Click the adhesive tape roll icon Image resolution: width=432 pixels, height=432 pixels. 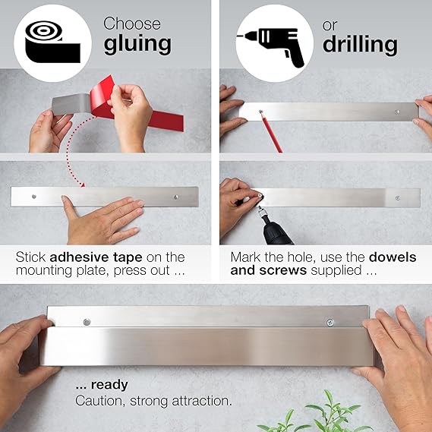[x=52, y=42]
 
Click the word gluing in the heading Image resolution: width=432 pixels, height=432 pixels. [x=137, y=45]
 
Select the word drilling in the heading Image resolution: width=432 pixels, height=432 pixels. [x=360, y=45]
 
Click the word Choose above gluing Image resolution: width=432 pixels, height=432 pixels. [x=132, y=24]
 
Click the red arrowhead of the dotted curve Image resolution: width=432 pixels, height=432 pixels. [x=83, y=184]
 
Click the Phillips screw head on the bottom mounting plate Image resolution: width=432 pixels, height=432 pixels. [x=330, y=323]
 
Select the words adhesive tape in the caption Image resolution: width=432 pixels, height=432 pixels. [x=96, y=257]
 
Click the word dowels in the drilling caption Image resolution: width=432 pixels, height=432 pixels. [x=393, y=257]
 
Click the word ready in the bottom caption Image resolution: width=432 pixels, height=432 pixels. [x=109, y=385]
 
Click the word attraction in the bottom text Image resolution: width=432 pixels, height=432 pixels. [x=202, y=401]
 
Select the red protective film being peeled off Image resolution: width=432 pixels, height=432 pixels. [x=132, y=109]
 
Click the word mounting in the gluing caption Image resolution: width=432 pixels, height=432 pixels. [x=44, y=271]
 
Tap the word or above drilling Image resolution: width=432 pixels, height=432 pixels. [x=330, y=26]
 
